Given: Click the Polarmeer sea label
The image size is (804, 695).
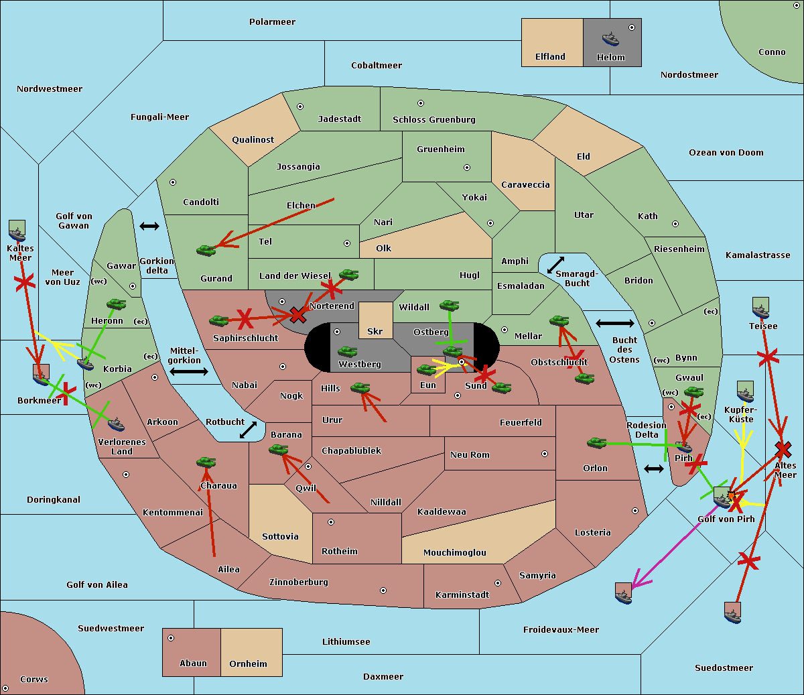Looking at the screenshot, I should point(272,22).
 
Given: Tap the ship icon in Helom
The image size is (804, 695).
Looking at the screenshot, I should point(610,38).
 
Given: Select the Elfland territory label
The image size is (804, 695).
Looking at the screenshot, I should point(550,57).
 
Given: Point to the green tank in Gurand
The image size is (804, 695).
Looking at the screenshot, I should point(206,250).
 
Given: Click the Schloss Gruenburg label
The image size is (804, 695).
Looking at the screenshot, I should point(433,120).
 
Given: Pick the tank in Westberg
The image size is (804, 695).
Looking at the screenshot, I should point(347,351).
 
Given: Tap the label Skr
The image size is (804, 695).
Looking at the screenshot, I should point(375,331).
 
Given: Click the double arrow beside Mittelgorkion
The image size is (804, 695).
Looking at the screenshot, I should point(188,371).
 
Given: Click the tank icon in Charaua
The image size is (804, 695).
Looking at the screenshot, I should point(206,462).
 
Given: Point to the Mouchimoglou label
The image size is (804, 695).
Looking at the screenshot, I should point(454,553).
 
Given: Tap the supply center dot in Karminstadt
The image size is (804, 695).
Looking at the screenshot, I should point(497,583).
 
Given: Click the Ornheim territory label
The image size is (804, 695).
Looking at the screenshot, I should point(248,664).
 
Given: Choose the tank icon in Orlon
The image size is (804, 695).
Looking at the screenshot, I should point(596,443).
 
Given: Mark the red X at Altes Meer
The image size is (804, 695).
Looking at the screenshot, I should point(783,448).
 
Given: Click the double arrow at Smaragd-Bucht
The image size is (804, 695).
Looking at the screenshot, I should point(556,265).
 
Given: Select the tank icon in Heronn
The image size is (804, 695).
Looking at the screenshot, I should point(117,304).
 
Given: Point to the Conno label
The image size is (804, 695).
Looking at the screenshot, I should point(772,52).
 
